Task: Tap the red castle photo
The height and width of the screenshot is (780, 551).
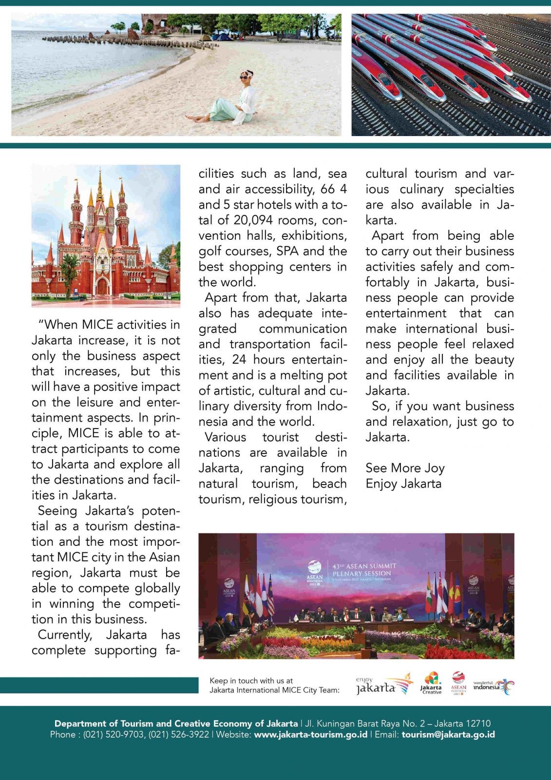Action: pos(106,236)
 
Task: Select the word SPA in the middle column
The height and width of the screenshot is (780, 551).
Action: pos(287,251)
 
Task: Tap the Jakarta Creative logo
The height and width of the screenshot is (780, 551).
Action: pos(431,683)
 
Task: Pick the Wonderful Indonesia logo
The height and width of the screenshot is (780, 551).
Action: pos(493,686)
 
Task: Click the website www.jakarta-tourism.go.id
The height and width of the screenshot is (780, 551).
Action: pos(311,734)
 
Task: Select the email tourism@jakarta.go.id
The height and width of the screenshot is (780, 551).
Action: pos(448,734)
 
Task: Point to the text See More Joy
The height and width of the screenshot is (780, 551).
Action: pos(405,468)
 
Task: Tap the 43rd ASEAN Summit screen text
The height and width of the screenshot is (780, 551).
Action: pos(364,569)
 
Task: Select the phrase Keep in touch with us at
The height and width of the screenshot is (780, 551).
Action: pos(251,681)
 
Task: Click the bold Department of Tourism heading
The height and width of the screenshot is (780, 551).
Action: pos(176,723)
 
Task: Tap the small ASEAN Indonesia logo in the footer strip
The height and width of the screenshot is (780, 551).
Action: pos(458,683)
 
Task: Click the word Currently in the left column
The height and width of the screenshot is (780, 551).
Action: pos(65,635)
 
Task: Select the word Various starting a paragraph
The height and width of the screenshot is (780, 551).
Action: pos(225,437)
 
